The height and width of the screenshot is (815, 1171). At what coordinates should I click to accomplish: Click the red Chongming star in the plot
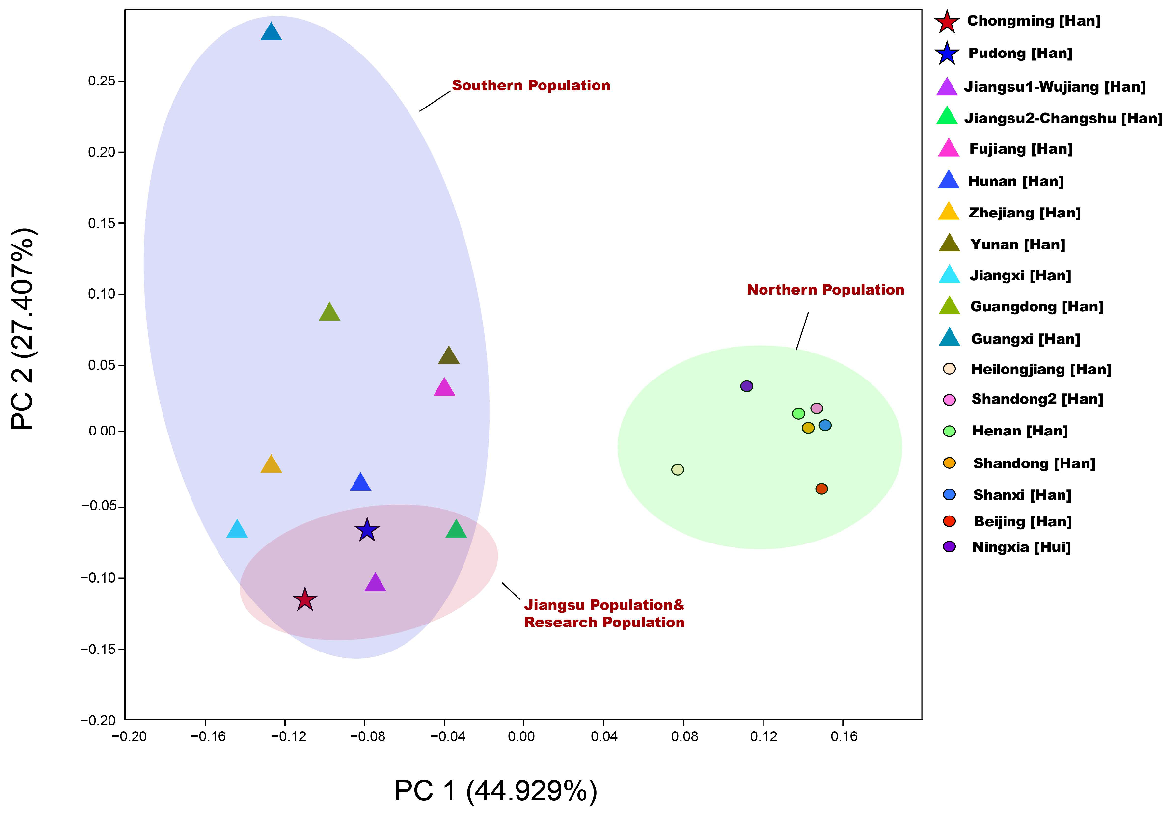[305, 600]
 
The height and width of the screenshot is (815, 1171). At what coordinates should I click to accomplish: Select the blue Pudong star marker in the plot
[367, 530]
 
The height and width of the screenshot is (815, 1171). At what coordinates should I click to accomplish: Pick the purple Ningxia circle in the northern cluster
[747, 386]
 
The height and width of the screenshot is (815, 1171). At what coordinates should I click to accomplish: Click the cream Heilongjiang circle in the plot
[677, 470]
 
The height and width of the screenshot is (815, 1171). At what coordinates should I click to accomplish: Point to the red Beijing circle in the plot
[821, 489]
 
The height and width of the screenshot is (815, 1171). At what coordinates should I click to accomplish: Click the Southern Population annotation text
[531, 86]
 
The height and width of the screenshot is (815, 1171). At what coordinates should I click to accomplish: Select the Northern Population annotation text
[825, 290]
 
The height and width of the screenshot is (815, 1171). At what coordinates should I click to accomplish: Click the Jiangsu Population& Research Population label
[604, 614]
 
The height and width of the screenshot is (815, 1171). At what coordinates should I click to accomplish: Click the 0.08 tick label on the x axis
[683, 736]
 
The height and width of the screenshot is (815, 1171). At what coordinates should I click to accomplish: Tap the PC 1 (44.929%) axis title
[496, 790]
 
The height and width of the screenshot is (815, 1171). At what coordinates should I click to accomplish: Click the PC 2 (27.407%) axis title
[23, 329]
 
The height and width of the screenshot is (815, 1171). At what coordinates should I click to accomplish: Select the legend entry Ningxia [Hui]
[1021, 547]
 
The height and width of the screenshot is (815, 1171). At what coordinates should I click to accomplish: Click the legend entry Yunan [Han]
[1017, 245]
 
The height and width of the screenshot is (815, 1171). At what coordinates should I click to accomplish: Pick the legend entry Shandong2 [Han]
[1037, 399]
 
